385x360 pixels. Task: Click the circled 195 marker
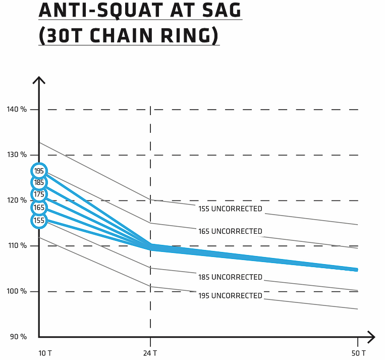tap(39, 171)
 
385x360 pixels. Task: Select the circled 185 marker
tap(39, 182)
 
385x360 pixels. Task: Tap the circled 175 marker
tap(39, 194)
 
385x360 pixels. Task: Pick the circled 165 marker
tap(39, 208)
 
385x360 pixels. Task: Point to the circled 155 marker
tap(39, 220)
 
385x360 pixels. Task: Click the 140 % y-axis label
tap(17, 109)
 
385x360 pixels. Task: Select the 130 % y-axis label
tap(17, 155)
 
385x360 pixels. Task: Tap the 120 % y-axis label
tap(17, 200)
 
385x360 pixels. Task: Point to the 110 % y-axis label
tap(17, 245)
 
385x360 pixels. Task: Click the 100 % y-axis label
tap(17, 291)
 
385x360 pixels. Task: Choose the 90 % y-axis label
tap(18, 337)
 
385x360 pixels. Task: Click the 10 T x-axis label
tap(45, 352)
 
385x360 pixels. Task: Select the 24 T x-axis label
tap(150, 352)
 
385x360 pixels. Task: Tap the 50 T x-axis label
tap(359, 352)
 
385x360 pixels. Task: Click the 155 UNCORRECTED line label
tap(230, 209)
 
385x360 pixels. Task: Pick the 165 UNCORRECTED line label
tap(230, 231)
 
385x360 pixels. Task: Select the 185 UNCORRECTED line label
tap(230, 277)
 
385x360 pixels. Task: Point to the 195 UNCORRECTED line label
tap(230, 295)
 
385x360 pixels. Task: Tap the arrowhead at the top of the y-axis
tap(39, 80)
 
